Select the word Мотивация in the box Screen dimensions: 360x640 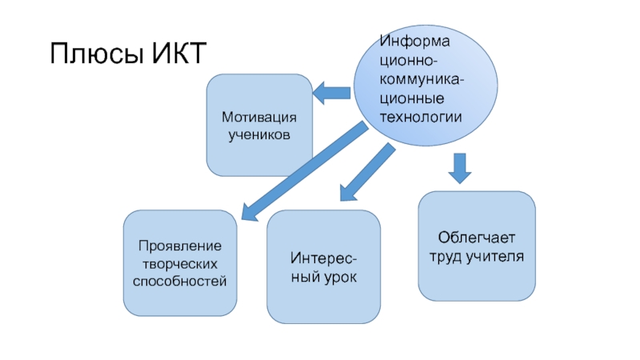(x=259, y=118)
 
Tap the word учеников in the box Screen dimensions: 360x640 (x=259, y=134)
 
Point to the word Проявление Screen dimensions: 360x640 (x=181, y=246)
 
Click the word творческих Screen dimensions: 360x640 (x=181, y=264)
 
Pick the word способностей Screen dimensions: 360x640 (x=181, y=282)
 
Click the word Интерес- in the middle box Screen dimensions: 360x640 (x=324, y=258)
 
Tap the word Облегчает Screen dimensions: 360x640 (x=478, y=238)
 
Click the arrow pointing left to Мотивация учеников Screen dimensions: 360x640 (x=331, y=93)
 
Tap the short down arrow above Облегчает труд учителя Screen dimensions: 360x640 (x=459, y=168)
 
